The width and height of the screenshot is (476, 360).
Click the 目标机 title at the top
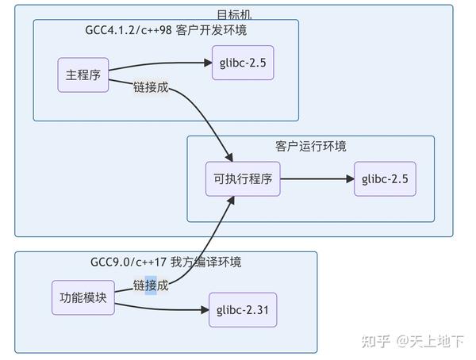point(234,14)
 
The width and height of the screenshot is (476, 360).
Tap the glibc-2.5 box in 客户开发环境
point(243,63)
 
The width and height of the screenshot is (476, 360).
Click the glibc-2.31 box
point(243,310)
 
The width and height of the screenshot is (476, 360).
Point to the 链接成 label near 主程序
point(151,87)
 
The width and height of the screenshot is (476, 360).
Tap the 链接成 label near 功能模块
point(151,285)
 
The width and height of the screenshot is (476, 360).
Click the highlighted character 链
point(140,285)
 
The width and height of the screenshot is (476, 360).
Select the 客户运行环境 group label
point(310,147)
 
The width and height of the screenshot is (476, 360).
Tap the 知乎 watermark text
point(376,341)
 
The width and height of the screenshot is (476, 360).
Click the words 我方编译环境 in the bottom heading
point(209,262)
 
